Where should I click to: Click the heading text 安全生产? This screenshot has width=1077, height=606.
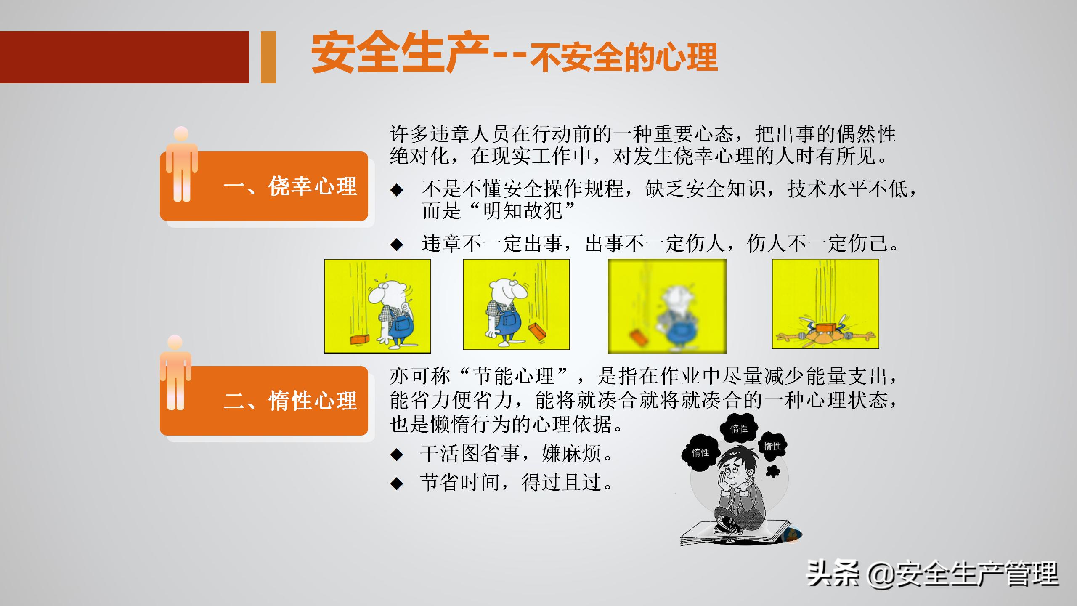[400, 53]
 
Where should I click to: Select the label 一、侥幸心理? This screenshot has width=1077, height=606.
[290, 186]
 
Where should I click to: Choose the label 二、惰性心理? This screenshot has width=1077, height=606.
[290, 400]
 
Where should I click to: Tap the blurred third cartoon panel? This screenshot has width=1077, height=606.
[667, 306]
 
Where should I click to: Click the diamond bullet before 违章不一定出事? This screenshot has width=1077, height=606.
[397, 245]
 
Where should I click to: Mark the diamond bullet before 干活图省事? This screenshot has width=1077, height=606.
[397, 454]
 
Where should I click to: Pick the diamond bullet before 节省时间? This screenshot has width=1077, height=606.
[397, 484]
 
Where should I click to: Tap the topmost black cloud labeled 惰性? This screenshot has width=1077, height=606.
[739, 428]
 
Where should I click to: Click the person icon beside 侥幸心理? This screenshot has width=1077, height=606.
[182, 164]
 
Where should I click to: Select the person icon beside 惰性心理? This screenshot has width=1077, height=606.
[175, 372]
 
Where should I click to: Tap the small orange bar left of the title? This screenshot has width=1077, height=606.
[268, 57]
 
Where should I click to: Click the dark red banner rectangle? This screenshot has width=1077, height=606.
[124, 57]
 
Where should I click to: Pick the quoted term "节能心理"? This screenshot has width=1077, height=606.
[514, 376]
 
